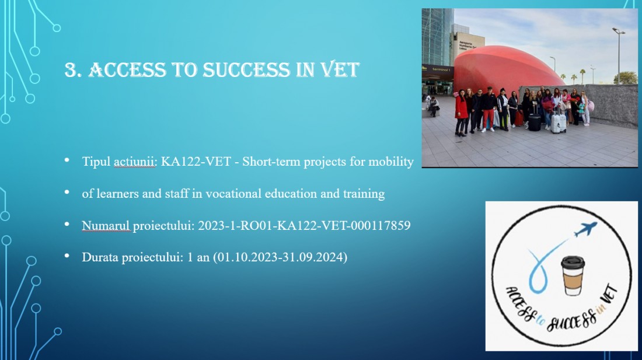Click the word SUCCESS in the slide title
pyautogui.click(x=246, y=69)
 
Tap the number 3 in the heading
pyautogui.click(x=71, y=70)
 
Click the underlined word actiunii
pyautogui.click(x=134, y=162)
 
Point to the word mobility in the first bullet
pyautogui.click(x=391, y=162)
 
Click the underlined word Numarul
pyautogui.click(x=106, y=225)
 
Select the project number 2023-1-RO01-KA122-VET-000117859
pyautogui.click(x=304, y=225)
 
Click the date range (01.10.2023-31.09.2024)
pyautogui.click(x=280, y=257)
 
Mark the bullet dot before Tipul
pyautogui.click(x=67, y=160)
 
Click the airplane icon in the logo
pyautogui.click(x=585, y=229)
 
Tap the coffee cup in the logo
pyautogui.click(x=573, y=275)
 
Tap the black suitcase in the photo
pyautogui.click(x=534, y=122)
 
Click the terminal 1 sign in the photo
pyautogui.click(x=441, y=69)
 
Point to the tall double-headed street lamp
pyautogui.click(x=619, y=55)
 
